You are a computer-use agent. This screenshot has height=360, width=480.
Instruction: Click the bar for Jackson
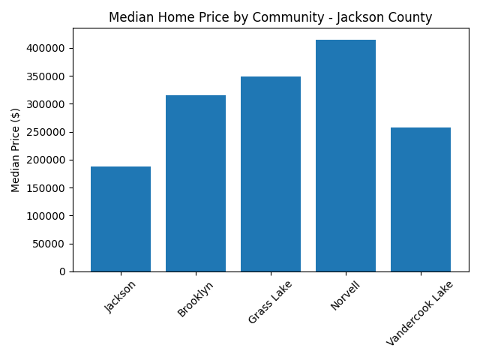[x=121, y=219]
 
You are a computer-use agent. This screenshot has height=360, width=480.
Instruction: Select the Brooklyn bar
[x=196, y=183]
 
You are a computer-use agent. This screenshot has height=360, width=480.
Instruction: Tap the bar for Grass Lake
[x=271, y=174]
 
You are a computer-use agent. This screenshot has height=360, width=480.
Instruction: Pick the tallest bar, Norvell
[x=346, y=155]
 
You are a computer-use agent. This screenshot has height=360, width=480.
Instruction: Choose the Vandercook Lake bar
[x=421, y=199]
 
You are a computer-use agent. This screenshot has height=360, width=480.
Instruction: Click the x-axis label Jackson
[x=121, y=296]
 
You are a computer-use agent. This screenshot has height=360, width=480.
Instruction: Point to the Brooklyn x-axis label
[x=196, y=298]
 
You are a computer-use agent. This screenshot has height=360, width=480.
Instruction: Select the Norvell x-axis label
[x=346, y=296]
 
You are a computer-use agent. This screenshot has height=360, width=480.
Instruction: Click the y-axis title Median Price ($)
[x=16, y=150]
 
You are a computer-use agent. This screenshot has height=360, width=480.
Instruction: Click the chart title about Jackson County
[x=271, y=17]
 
